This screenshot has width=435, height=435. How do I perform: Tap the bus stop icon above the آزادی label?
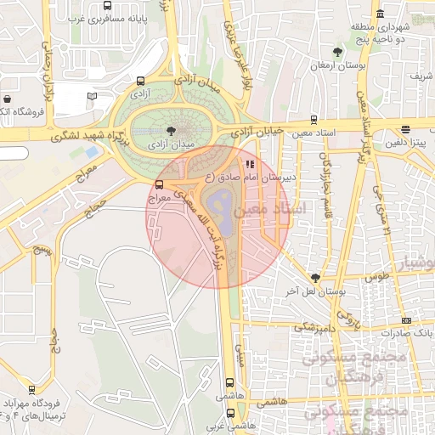(x=141, y=82)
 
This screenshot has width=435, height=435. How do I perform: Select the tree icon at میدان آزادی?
(x=173, y=131)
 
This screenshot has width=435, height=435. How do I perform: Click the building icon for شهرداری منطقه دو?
(x=379, y=14)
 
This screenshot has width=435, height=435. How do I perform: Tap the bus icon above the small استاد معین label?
(x=314, y=120)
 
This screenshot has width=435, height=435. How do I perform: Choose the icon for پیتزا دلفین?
(x=406, y=130)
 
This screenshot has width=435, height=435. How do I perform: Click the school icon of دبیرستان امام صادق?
(x=249, y=164)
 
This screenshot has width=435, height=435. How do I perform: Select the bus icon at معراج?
(x=159, y=184)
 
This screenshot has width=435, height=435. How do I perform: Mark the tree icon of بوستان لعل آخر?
(x=316, y=278)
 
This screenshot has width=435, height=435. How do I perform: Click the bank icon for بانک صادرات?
(x=406, y=319)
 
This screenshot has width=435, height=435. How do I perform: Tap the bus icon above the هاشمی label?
(x=229, y=383)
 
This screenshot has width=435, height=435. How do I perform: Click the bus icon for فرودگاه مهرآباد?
(x=32, y=389)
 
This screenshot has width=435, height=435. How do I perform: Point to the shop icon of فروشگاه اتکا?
(x=7, y=99)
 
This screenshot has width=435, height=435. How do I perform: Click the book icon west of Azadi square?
(x=93, y=97)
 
